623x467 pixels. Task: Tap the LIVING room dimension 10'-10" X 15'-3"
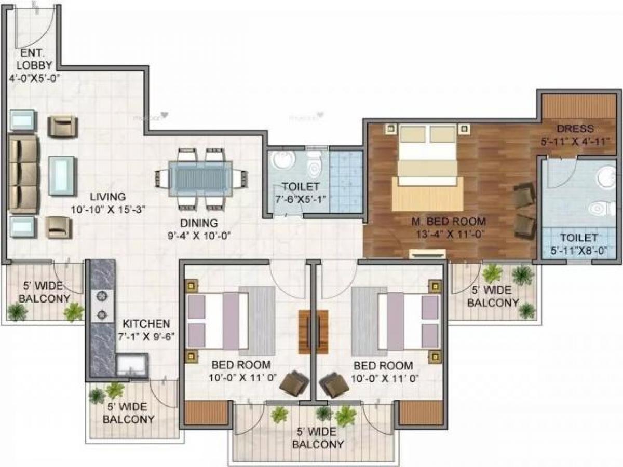[x=107, y=210]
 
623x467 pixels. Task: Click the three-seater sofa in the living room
[x=23, y=174]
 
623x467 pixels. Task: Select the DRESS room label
[x=575, y=129]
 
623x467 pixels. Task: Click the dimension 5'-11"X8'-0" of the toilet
[x=579, y=251]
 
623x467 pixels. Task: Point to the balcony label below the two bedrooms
[x=317, y=438]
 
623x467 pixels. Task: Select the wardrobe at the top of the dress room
[x=578, y=106]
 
